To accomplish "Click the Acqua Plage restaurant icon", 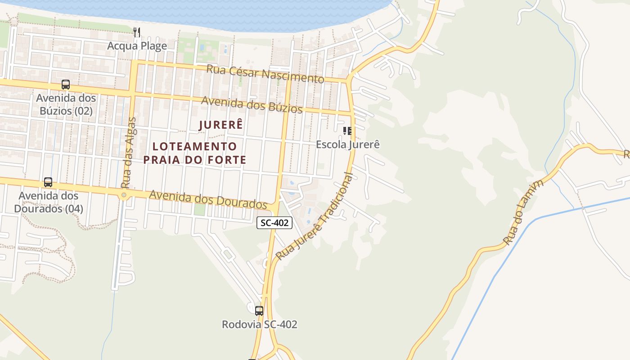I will click(137, 32).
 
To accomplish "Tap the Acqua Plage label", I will click(137, 46).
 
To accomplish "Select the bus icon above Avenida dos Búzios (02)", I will click(66, 85).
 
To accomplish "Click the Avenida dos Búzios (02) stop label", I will click(66, 104).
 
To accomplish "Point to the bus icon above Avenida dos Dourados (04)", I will click(48, 182).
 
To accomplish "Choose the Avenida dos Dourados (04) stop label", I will click(48, 202).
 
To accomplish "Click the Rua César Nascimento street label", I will click(265, 74).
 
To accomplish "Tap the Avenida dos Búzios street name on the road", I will click(252, 105).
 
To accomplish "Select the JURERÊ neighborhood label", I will click(221, 125).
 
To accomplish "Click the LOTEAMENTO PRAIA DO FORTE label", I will click(195, 153).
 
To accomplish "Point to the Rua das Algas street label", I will click(128, 153).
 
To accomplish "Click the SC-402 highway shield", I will click(274, 222).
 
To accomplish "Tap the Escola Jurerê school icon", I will click(347, 131).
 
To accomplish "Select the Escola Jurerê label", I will click(348, 144).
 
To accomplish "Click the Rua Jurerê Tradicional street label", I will click(315, 216).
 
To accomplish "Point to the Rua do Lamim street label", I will click(524, 211).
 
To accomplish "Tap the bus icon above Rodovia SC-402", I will click(259, 310).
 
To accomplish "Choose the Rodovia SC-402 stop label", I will click(259, 324).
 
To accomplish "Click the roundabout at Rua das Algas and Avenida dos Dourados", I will click(124, 195).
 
